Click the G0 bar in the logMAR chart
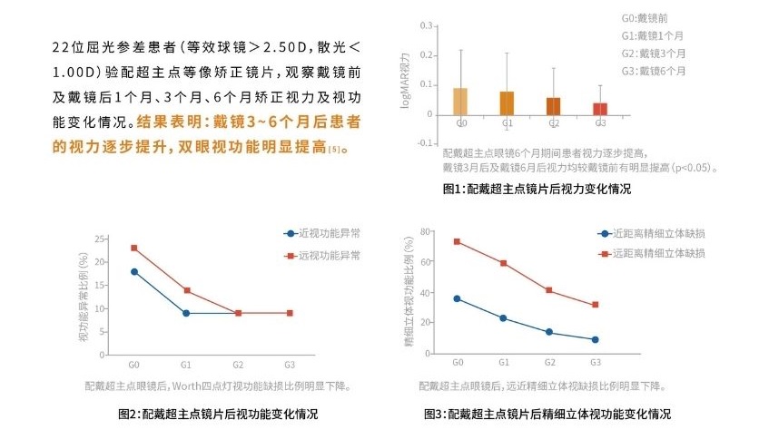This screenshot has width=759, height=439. tap(461, 102)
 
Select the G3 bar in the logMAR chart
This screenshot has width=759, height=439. tap(600, 109)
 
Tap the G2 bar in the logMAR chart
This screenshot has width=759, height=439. tap(554, 106)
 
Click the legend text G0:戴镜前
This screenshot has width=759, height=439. tap(644, 17)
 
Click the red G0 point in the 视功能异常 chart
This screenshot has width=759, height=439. tap(133, 248)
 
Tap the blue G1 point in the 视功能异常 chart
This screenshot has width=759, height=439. tap(186, 313)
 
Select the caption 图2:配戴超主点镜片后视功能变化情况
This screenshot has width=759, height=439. tap(218, 415)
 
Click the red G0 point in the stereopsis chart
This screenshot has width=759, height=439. tap(456, 241)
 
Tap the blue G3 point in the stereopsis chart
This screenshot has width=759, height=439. tap(596, 339)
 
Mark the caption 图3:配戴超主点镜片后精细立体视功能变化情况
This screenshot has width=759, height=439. tap(547, 415)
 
